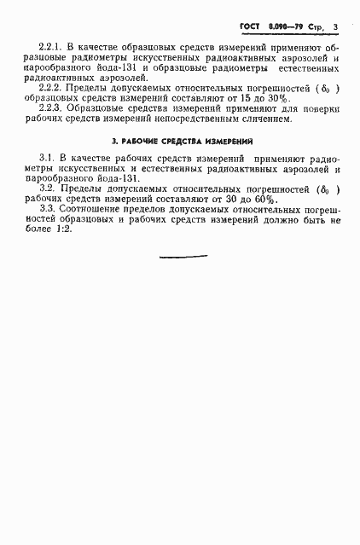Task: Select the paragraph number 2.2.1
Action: pyautogui.click(x=53, y=45)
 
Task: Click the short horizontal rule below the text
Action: pyautogui.click(x=183, y=257)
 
